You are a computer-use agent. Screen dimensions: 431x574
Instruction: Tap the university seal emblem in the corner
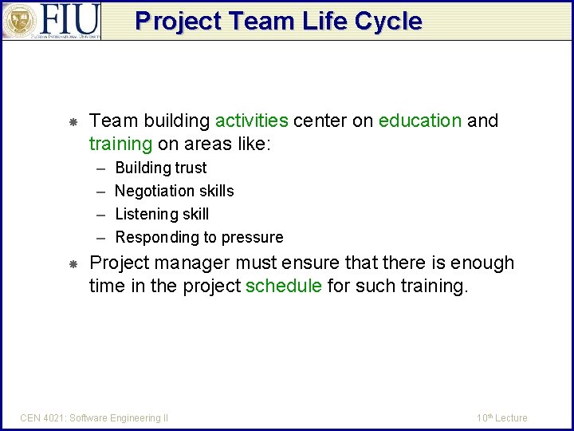pyautogui.click(x=19, y=21)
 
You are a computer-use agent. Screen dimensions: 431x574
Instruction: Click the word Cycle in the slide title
pyautogui.click(x=390, y=21)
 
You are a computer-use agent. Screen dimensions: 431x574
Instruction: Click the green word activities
pyautogui.click(x=251, y=121)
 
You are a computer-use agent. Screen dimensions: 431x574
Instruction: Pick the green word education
pyautogui.click(x=420, y=121)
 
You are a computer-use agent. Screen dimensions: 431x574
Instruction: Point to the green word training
pyautogui.click(x=120, y=144)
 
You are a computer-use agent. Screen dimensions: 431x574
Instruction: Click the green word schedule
pyautogui.click(x=284, y=286)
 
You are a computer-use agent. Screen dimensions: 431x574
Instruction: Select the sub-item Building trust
pyautogui.click(x=161, y=168)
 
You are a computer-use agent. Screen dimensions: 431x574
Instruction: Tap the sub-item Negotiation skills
pyautogui.click(x=175, y=191)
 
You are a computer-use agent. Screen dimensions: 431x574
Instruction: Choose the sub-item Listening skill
pyautogui.click(x=162, y=214)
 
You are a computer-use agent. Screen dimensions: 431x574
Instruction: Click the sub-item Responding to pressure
pyautogui.click(x=199, y=237)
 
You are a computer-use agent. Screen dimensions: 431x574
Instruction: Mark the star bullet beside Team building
pyautogui.click(x=72, y=122)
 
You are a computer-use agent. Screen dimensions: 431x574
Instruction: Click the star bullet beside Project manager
pyautogui.click(x=72, y=264)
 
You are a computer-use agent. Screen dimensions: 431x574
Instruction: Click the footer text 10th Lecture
pyautogui.click(x=501, y=417)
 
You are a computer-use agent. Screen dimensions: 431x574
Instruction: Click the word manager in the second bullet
pyautogui.click(x=191, y=263)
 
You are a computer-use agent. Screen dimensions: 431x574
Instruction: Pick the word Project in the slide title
pyautogui.click(x=175, y=21)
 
